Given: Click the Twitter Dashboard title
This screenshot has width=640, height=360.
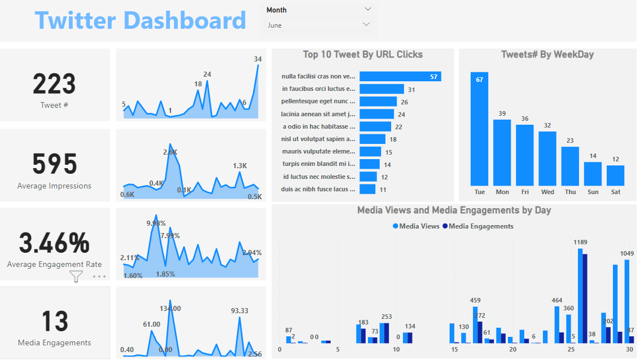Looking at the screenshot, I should tap(141, 21).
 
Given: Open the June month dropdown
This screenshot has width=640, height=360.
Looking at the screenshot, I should tap(319, 25).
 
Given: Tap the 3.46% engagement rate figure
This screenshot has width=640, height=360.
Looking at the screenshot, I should tap(54, 243).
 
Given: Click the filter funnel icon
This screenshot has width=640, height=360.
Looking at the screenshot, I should tap(76, 276).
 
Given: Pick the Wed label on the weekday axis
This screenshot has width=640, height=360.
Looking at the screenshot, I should tap(547, 192).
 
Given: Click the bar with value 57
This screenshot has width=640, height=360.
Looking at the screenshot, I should tap(400, 77).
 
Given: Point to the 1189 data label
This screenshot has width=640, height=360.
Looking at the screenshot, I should tap(580, 243).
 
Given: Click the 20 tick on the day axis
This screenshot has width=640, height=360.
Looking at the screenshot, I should tap(512, 350).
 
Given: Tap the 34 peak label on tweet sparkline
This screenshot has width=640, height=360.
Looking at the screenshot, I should tap(258, 59).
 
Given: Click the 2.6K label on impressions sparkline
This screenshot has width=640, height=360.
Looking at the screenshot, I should tap(170, 152).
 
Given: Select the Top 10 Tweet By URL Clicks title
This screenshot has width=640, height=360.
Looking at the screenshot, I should tap(363, 55).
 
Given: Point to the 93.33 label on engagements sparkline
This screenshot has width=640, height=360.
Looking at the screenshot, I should tap(240, 311).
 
